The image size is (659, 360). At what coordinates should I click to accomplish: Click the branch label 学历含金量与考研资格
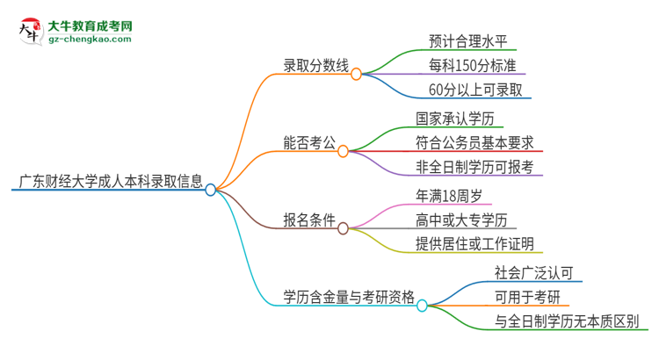pos(348,297)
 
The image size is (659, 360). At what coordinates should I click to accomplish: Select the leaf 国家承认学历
pos(460,117)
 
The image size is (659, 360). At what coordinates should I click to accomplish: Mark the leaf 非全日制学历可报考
pos(474,167)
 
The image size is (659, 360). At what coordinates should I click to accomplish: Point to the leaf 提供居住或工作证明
pos(474,244)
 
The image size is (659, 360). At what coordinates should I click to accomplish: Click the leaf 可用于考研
pos(527,297)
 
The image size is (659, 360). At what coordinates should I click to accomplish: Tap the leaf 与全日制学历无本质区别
pos(567,321)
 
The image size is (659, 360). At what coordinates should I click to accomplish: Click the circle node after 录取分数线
pos(356,75)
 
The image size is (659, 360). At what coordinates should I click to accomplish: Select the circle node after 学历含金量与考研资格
pos(422,306)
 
